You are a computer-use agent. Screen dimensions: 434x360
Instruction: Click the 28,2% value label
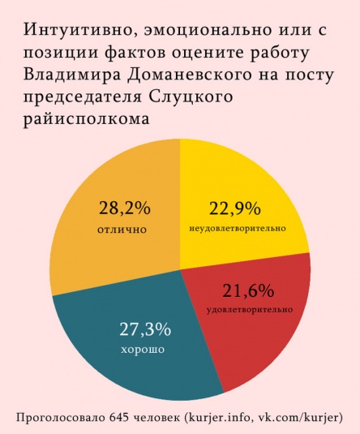[x=124, y=208]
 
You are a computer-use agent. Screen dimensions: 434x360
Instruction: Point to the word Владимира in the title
[x=71, y=76]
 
